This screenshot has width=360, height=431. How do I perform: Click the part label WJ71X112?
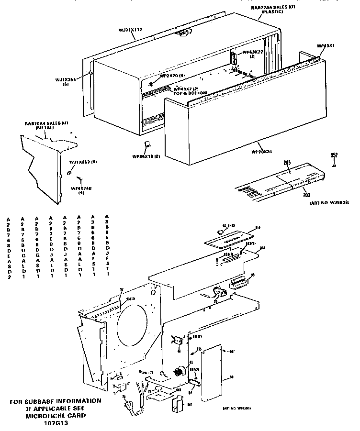tap(130, 30)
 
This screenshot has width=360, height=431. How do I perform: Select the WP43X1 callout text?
tap(326, 46)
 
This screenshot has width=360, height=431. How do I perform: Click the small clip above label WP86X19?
tap(147, 144)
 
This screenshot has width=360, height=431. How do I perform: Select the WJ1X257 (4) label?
tap(83, 162)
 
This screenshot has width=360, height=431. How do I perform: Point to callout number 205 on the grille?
tap(287, 163)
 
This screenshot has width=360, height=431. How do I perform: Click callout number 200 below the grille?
tap(305, 195)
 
